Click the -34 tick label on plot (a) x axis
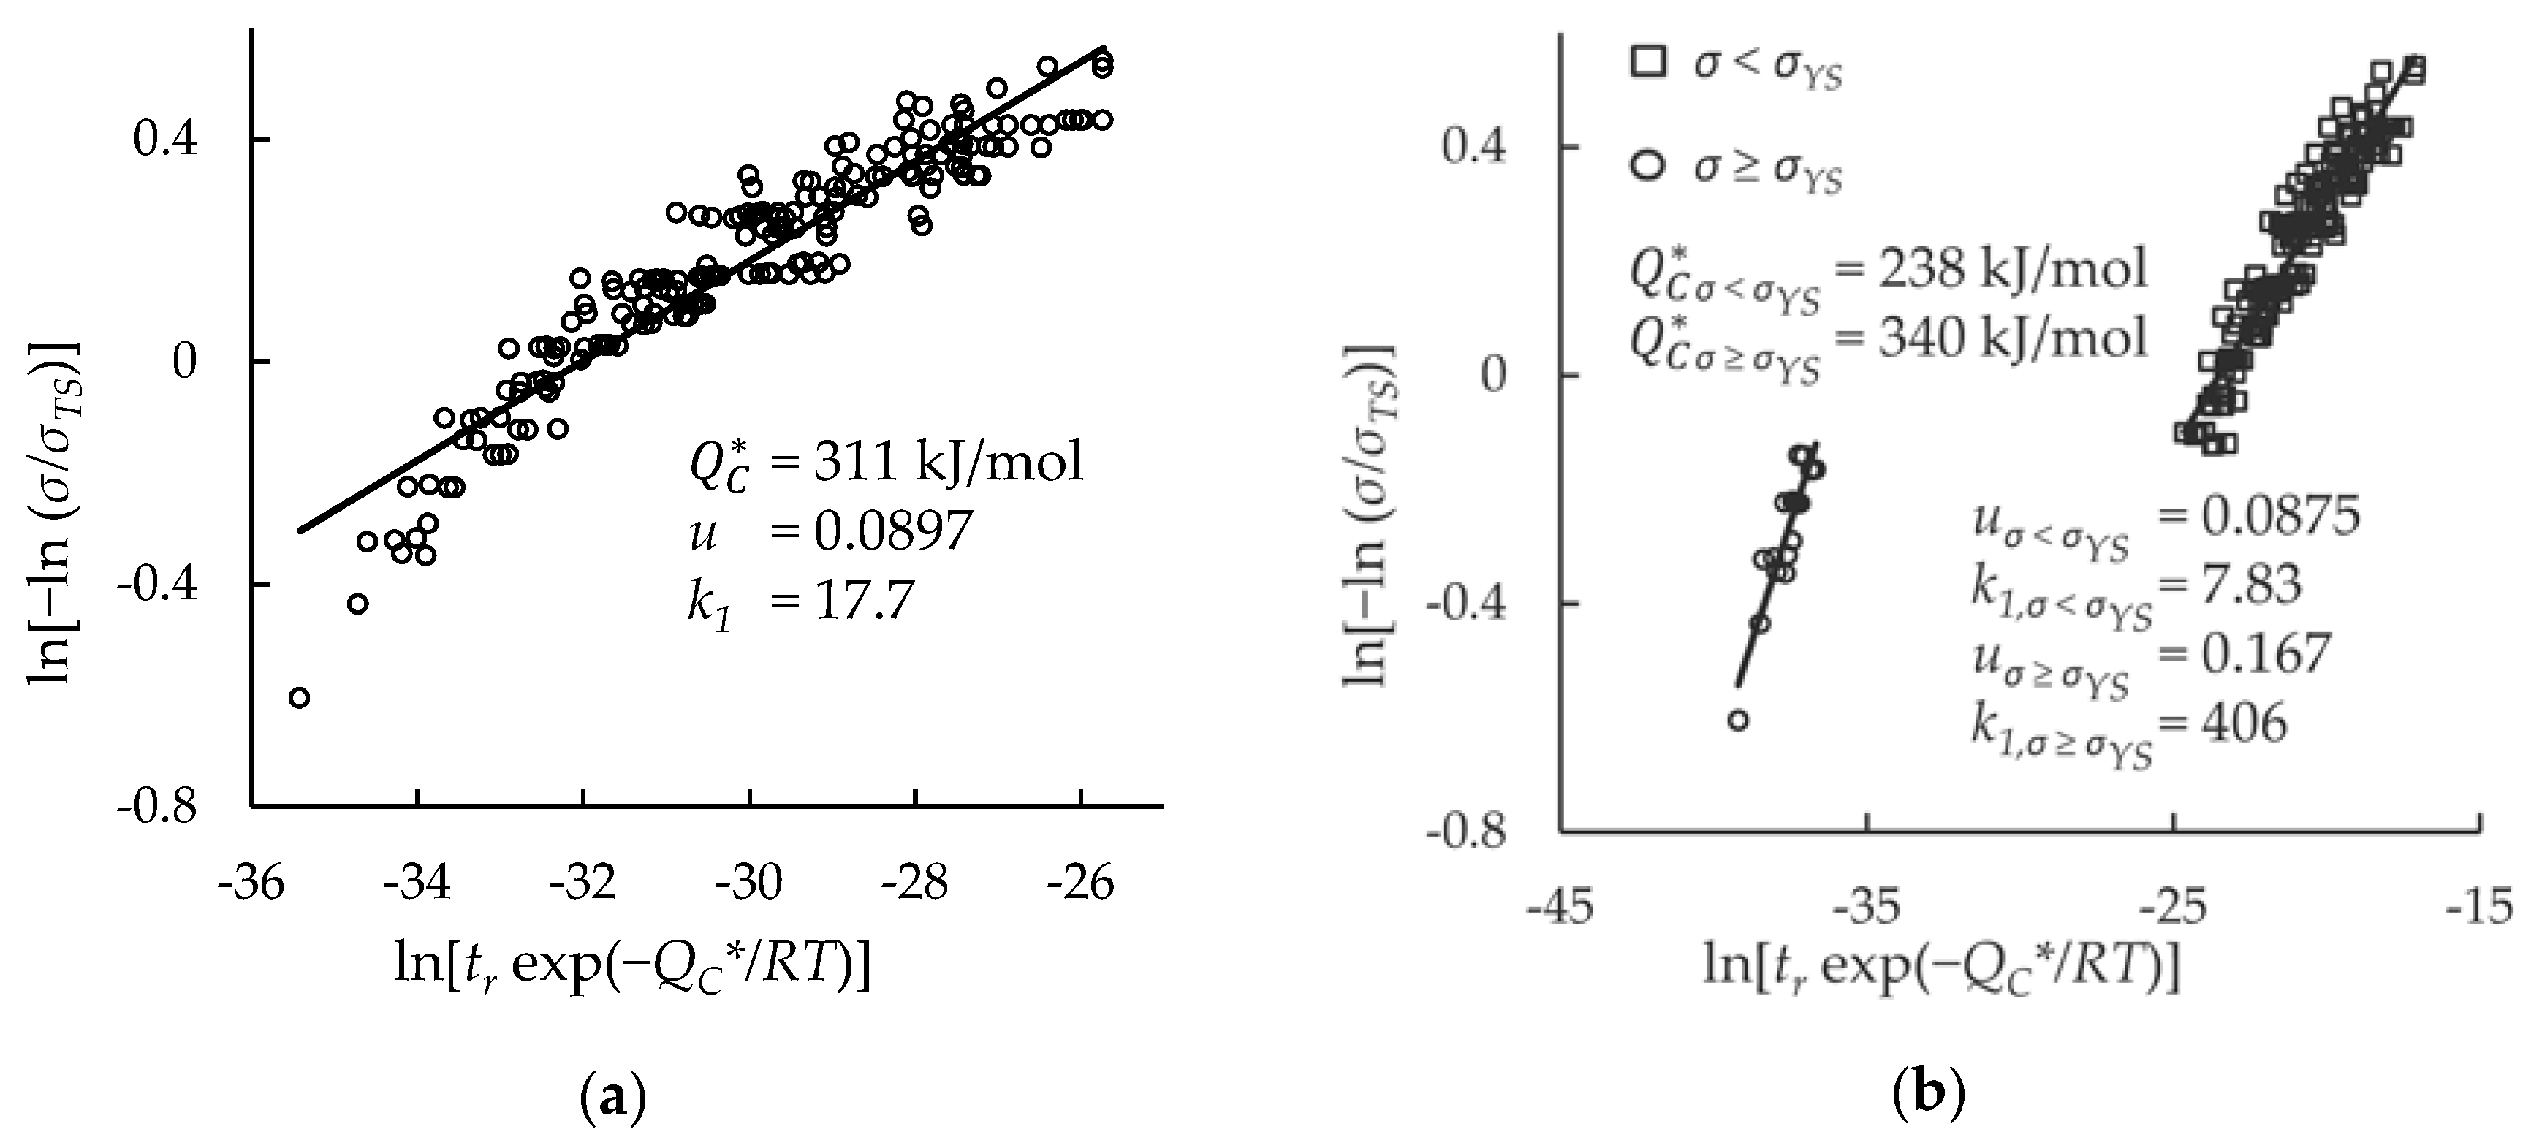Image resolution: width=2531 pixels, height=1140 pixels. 417,883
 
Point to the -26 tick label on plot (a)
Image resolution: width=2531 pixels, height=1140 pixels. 1079,883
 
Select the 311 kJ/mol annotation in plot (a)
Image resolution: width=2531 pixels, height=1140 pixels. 947,462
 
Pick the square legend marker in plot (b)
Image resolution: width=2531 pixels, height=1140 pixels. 1647,62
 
